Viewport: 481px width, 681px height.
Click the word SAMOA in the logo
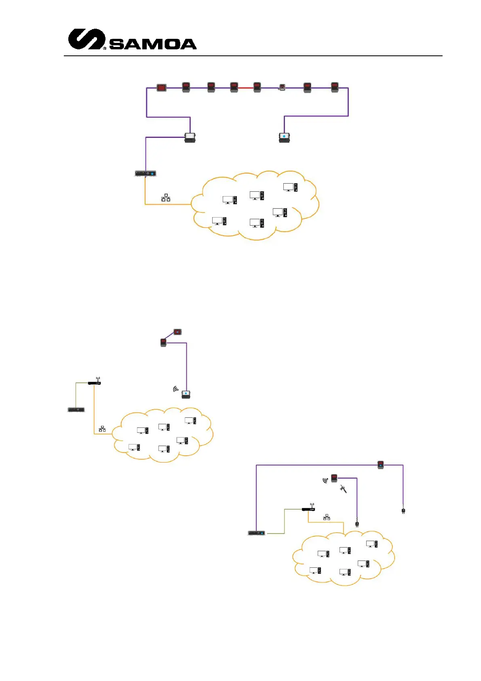tap(153, 44)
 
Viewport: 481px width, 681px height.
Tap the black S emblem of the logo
tap(86, 39)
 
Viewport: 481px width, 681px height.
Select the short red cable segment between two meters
tap(245, 88)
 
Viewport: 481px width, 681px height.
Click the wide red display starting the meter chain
tap(161, 87)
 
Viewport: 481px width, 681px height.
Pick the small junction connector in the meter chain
tap(282, 87)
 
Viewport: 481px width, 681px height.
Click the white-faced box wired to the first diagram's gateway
tap(190, 137)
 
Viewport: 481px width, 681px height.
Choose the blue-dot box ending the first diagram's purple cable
tap(285, 137)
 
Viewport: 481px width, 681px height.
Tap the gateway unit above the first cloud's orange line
tap(145, 173)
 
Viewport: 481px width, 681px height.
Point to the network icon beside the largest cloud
tap(166, 198)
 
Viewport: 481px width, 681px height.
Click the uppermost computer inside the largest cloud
tap(290, 187)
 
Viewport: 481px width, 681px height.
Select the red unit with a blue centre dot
tap(177, 332)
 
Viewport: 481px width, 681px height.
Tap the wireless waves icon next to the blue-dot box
tap(176, 389)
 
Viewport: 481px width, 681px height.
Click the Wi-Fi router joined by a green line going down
tap(94, 382)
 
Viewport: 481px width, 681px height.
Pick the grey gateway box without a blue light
tap(76, 410)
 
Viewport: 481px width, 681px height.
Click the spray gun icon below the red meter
tap(344, 489)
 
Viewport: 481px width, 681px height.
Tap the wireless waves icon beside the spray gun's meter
tap(325, 480)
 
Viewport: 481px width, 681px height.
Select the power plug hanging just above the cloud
tap(357, 524)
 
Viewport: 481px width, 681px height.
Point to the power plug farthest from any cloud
tap(403, 511)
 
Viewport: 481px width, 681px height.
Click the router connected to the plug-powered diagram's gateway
tap(308, 508)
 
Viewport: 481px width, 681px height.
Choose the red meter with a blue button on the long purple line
tap(380, 465)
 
